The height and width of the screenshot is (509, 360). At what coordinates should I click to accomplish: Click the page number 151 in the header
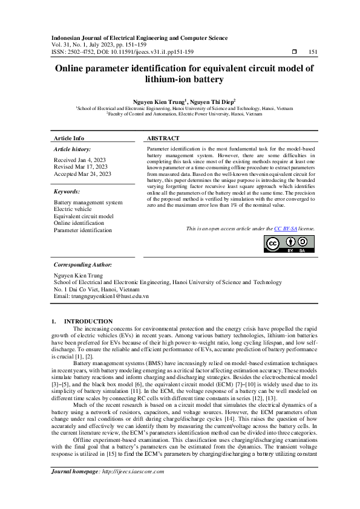point(313,51)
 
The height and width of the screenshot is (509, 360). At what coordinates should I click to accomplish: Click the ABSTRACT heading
point(163,138)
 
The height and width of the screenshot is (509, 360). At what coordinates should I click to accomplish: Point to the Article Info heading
point(69,138)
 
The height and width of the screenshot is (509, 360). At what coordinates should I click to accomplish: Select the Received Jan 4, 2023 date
point(79,160)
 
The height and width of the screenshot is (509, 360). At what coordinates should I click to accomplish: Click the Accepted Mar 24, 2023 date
point(83,173)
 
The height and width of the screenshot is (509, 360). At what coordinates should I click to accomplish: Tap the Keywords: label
point(68,191)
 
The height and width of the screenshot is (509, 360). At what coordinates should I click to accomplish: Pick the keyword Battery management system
point(88,203)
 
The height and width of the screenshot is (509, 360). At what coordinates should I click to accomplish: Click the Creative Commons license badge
point(289,243)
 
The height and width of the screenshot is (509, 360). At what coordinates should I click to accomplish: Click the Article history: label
point(72,149)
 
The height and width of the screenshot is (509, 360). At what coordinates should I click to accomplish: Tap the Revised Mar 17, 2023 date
point(81,166)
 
